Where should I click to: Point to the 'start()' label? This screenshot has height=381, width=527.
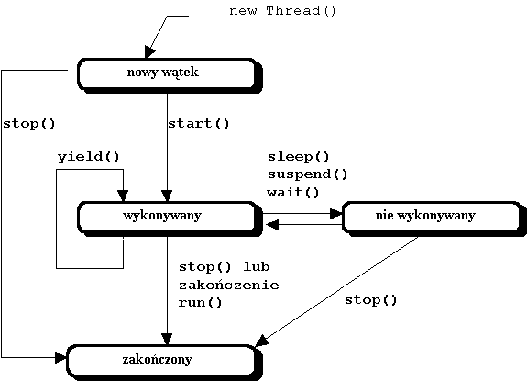point(198,123)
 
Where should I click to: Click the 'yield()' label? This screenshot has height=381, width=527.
point(88,156)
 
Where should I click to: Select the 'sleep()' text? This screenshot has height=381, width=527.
point(298,156)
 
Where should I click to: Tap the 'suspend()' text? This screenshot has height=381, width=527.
point(307,174)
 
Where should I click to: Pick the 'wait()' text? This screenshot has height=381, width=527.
point(293,192)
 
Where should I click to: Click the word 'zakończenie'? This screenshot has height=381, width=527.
point(228,285)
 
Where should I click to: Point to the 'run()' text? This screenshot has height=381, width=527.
point(201,302)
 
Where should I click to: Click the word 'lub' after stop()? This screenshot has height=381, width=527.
point(257,266)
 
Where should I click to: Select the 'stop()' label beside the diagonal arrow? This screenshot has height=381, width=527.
point(371,299)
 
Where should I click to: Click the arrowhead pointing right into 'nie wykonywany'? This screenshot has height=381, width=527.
point(335,213)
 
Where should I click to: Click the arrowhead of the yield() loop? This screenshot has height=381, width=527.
point(122,197)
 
